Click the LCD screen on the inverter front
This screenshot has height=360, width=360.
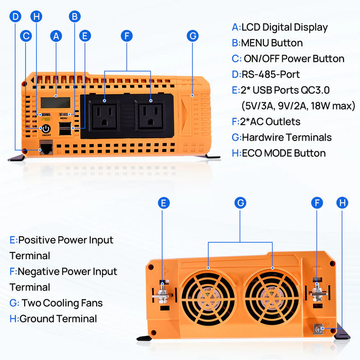pos(56,102)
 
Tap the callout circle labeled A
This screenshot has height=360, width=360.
pos(56,36)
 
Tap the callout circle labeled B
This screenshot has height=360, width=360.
pos(75,16)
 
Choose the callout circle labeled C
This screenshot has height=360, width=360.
pos(26,36)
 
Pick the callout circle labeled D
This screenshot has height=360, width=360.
pos(15,16)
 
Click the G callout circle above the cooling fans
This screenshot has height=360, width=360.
pos(240,203)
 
